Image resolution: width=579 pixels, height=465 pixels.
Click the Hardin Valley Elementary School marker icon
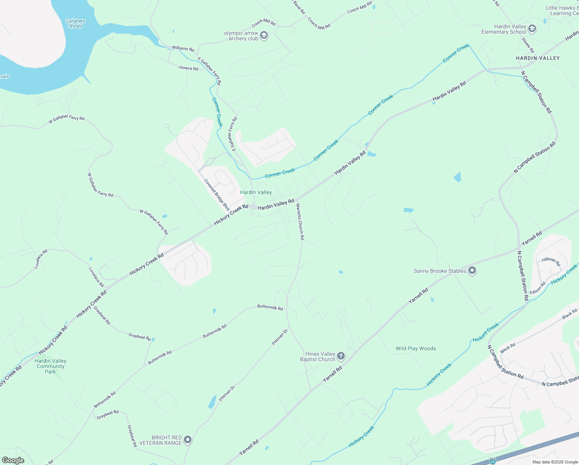(532, 29)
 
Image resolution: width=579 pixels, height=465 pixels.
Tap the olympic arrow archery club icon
(264, 36)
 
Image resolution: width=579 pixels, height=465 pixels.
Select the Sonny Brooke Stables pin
(472, 271)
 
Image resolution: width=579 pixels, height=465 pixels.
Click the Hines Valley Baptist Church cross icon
(341, 356)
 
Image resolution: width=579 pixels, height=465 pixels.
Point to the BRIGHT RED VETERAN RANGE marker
(188, 440)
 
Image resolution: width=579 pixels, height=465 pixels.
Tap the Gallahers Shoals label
(75, 24)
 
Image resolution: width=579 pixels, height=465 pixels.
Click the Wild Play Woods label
(416, 348)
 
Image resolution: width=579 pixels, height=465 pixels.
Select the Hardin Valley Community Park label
(50, 366)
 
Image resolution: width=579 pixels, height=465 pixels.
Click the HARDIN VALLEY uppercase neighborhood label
(538, 58)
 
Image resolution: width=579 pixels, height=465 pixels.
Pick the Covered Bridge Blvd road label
(217, 195)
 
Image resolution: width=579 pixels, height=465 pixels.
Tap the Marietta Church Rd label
(300, 221)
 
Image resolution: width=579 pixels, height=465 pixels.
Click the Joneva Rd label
(188, 68)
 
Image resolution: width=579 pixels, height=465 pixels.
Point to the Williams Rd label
(183, 48)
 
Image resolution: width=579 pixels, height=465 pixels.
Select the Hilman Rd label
(551, 261)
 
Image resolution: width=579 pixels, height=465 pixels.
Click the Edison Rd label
(538, 288)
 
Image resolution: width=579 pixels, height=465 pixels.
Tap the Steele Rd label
(528, 45)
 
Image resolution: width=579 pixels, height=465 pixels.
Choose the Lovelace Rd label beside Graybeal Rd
(96, 277)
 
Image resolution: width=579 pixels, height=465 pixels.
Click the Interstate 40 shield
(492, 461)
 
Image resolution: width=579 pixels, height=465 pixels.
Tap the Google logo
(13, 460)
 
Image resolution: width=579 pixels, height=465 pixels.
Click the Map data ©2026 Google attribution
(555, 462)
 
